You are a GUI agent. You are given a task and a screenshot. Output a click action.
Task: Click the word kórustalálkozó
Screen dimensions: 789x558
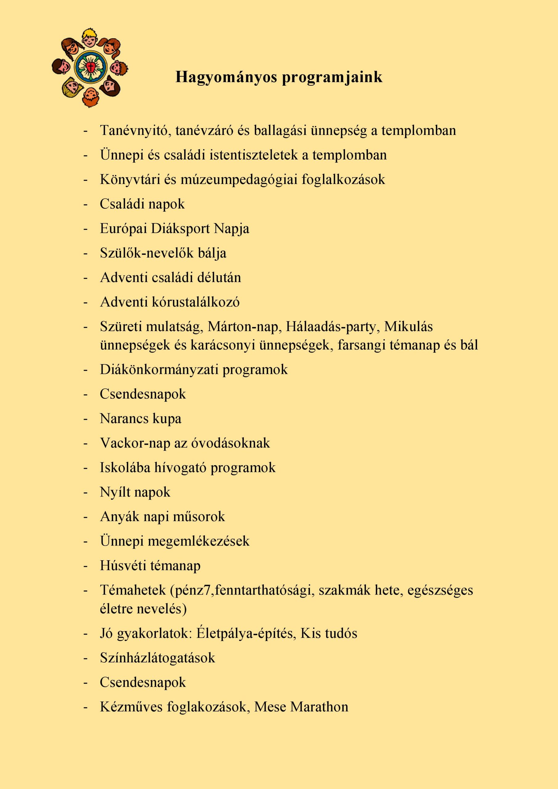196,302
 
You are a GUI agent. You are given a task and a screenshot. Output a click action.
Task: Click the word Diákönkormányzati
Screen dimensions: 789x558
159,370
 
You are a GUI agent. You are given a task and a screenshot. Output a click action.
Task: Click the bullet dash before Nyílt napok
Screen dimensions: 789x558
86,493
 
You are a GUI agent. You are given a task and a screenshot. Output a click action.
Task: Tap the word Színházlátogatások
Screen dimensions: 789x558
157,658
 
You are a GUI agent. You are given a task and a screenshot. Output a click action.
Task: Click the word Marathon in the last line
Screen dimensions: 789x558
319,707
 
